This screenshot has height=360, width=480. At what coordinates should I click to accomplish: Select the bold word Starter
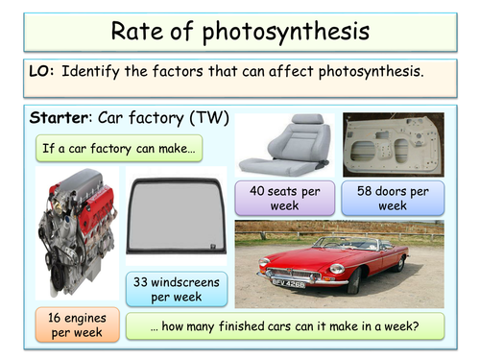pyautogui.click(x=59, y=119)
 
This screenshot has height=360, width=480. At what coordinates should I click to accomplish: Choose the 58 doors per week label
pyautogui.click(x=393, y=198)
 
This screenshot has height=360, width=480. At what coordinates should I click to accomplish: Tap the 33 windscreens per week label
pyautogui.click(x=176, y=288)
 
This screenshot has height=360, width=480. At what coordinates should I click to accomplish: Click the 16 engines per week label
pyautogui.click(x=73, y=324)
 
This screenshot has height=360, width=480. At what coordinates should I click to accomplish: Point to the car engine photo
pyautogui.click(x=74, y=235)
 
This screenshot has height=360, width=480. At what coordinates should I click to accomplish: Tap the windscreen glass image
pyautogui.click(x=176, y=216)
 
